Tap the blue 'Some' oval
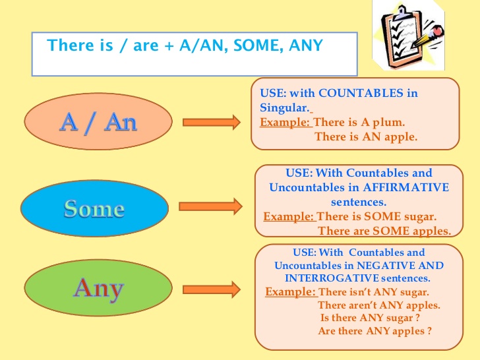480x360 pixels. point(94,208)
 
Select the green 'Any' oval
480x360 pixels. point(98,287)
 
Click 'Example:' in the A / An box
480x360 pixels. point(286,122)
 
